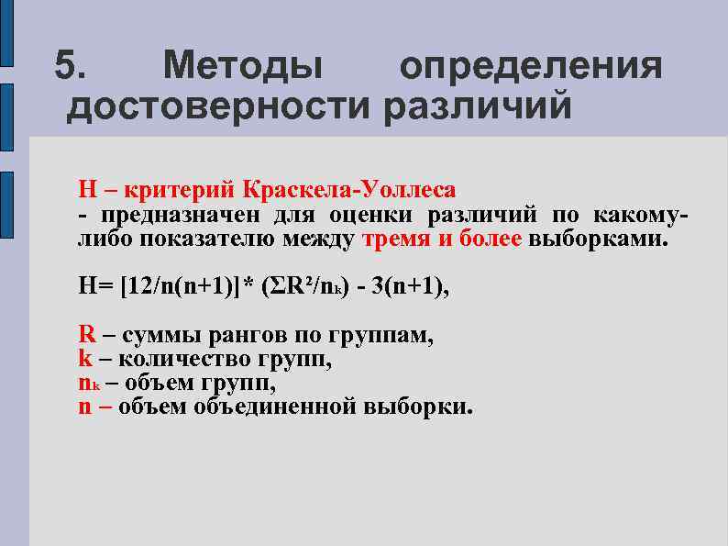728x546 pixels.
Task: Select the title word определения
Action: tap(531, 66)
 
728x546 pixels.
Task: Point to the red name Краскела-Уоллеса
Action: tap(348, 190)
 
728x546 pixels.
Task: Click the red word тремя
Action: tap(395, 240)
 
